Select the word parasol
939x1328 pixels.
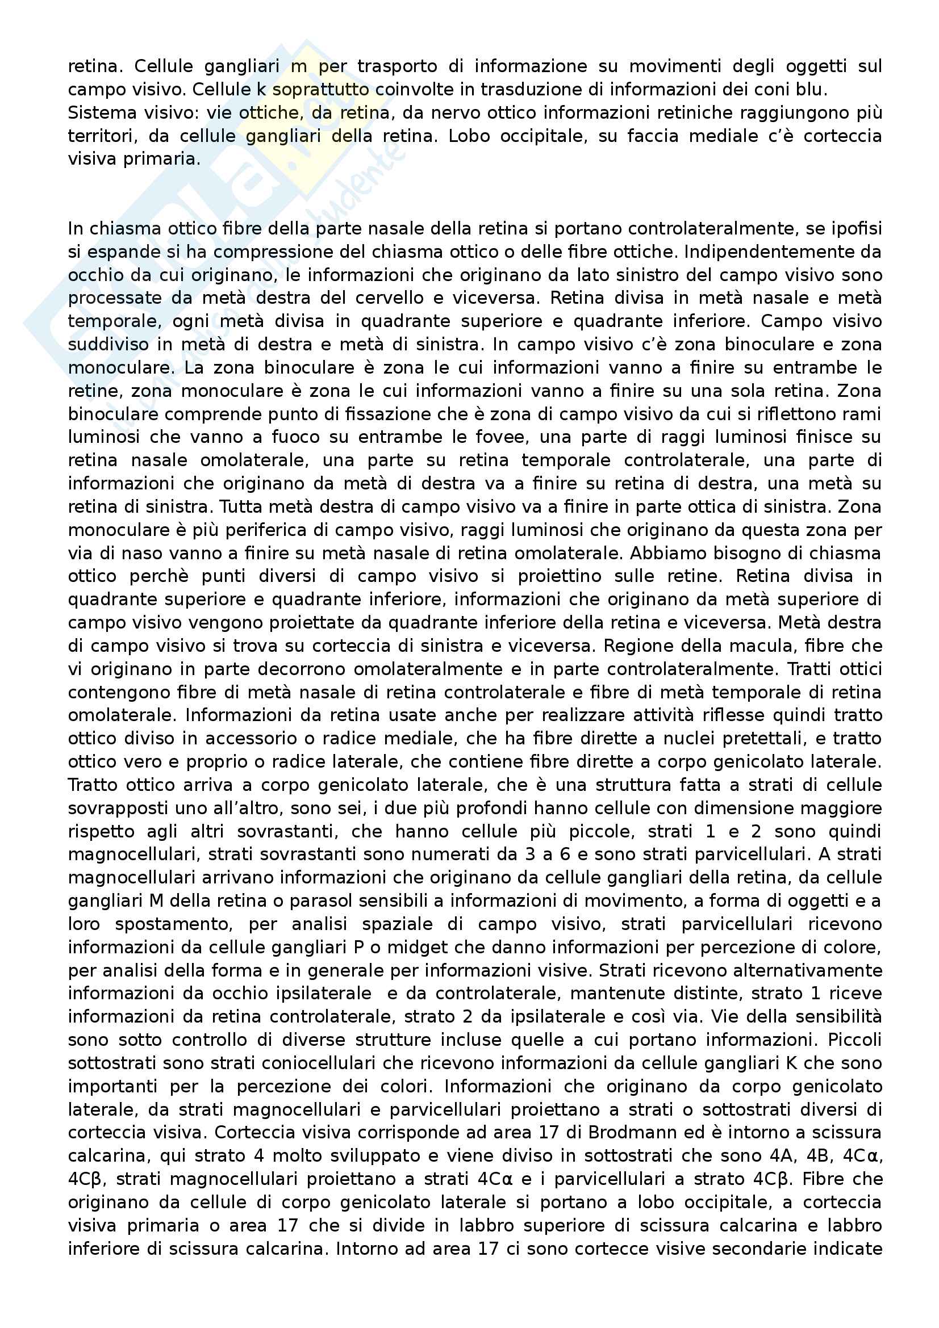click(322, 900)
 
